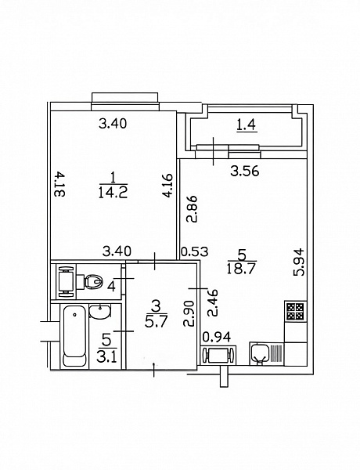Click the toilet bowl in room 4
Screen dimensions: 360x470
coord(93,282)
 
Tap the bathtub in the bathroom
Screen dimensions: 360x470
coord(74,336)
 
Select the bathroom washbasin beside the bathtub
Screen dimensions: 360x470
coord(100,312)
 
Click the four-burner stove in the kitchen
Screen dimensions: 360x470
coord(295,312)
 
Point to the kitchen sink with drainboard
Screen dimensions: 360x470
coord(266,354)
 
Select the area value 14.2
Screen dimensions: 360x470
coord(113,192)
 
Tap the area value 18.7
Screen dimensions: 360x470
coord(241,269)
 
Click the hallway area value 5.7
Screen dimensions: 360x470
coord(156,321)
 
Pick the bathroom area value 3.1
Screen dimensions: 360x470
coord(106,356)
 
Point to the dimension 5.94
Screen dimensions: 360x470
coord(299,262)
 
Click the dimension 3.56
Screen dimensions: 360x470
coord(245,172)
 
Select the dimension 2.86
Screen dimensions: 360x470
coord(192,209)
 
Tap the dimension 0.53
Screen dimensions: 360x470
coord(195,251)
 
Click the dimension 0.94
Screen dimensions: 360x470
coord(217,337)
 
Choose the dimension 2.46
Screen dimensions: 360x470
coord(213,303)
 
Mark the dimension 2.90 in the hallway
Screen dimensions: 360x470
coord(189,313)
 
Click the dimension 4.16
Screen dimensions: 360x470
coord(167,185)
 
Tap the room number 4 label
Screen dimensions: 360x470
coord(111,287)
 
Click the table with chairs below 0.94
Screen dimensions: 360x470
coord(218,355)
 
